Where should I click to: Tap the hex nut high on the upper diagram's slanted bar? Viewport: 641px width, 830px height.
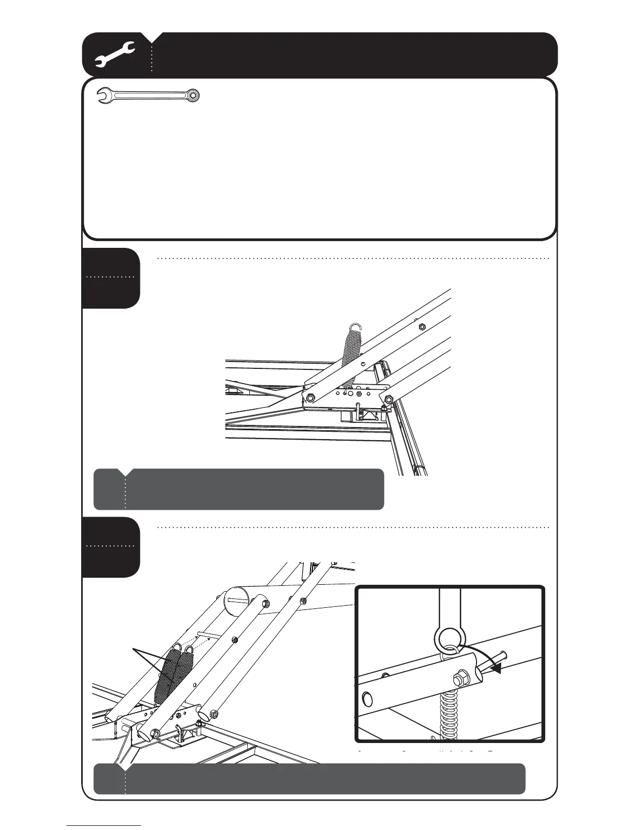click(422, 326)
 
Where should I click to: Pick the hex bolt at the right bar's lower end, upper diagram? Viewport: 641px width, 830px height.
click(387, 400)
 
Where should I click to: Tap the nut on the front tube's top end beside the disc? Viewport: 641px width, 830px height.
click(264, 603)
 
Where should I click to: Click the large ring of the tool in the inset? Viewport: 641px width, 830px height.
click(448, 639)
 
